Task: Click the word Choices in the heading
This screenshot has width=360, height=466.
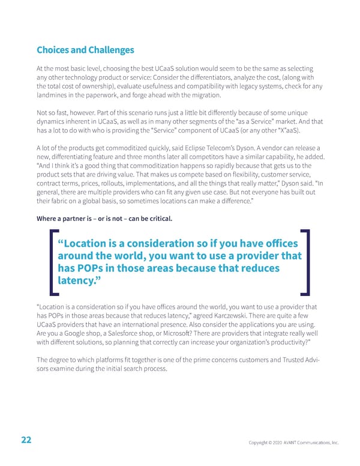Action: (53, 50)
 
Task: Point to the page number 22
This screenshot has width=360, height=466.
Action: (26, 440)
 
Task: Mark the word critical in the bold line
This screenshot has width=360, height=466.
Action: (157, 217)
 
